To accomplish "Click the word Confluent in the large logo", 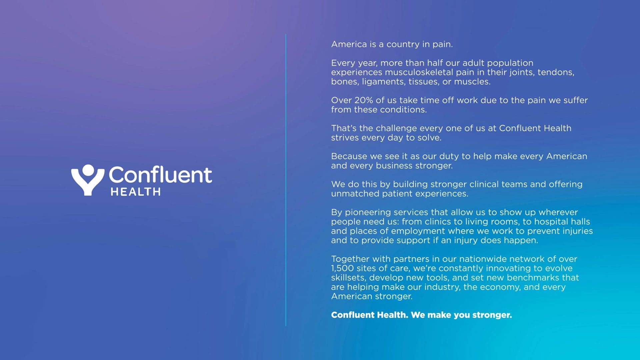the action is pyautogui.click(x=160, y=175).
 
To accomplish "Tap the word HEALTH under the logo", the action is pyautogui.click(x=136, y=192).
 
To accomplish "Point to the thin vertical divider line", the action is pyautogui.click(x=286, y=180).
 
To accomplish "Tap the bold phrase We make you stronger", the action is pyautogui.click(x=461, y=315).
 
